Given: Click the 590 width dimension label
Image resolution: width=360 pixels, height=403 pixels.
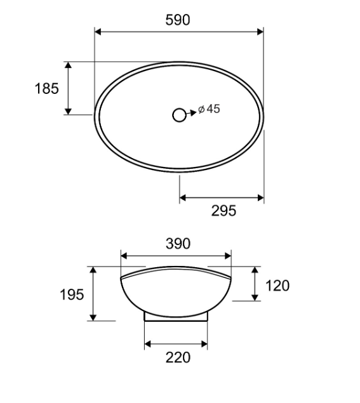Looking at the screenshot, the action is pyautogui.click(x=178, y=20).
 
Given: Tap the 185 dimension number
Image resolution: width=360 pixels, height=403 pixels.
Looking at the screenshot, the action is pyautogui.click(x=47, y=88).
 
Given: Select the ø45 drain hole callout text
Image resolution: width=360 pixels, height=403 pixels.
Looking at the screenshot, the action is pyautogui.click(x=210, y=109).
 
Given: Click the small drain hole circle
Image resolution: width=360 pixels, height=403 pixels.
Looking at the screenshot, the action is pyautogui.click(x=179, y=115).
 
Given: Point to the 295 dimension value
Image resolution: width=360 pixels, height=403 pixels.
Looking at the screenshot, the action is pyautogui.click(x=223, y=211).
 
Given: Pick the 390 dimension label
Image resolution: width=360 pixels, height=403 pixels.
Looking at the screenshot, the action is pyautogui.click(x=178, y=244).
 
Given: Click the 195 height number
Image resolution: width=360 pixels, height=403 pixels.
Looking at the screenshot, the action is pyautogui.click(x=72, y=294).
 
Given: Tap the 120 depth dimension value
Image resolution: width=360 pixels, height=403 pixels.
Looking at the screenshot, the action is pyautogui.click(x=277, y=286).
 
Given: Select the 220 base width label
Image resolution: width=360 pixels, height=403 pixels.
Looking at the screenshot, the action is pyautogui.click(x=178, y=357).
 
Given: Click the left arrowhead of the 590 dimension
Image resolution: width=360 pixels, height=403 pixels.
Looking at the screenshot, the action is pyautogui.click(x=98, y=32).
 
